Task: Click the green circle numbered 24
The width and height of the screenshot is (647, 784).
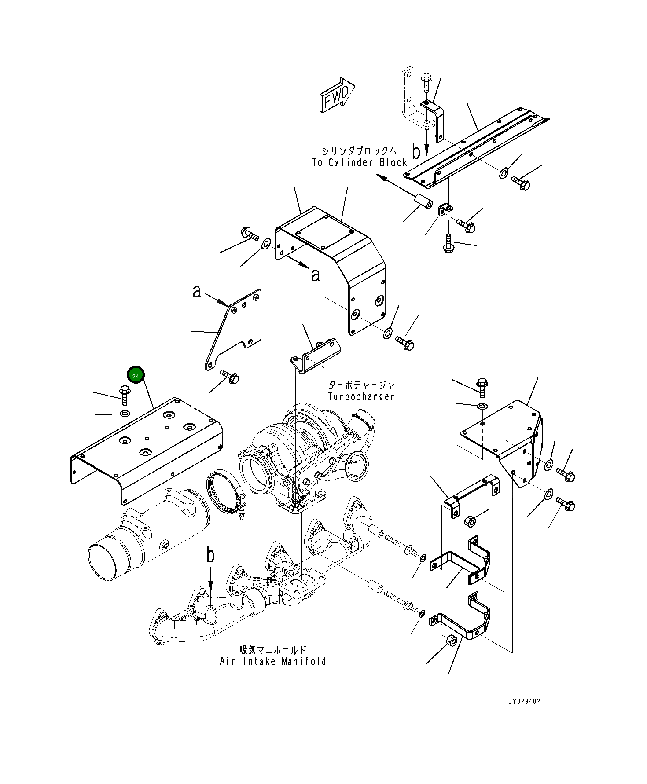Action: coord(136,376)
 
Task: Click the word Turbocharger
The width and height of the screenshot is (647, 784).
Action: coord(361,396)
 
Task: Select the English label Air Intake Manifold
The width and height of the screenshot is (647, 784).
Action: coord(273,661)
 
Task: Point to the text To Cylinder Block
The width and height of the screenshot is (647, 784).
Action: coord(360,163)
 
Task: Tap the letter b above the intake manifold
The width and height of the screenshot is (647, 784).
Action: coord(211,555)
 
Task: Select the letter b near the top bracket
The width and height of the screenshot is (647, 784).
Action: coord(416,151)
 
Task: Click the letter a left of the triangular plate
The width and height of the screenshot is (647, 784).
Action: coord(197,291)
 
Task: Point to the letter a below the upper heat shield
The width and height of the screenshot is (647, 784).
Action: coord(315,275)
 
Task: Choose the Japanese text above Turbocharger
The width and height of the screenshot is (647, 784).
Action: coord(361,385)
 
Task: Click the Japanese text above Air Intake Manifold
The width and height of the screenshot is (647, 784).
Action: coord(273,650)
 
